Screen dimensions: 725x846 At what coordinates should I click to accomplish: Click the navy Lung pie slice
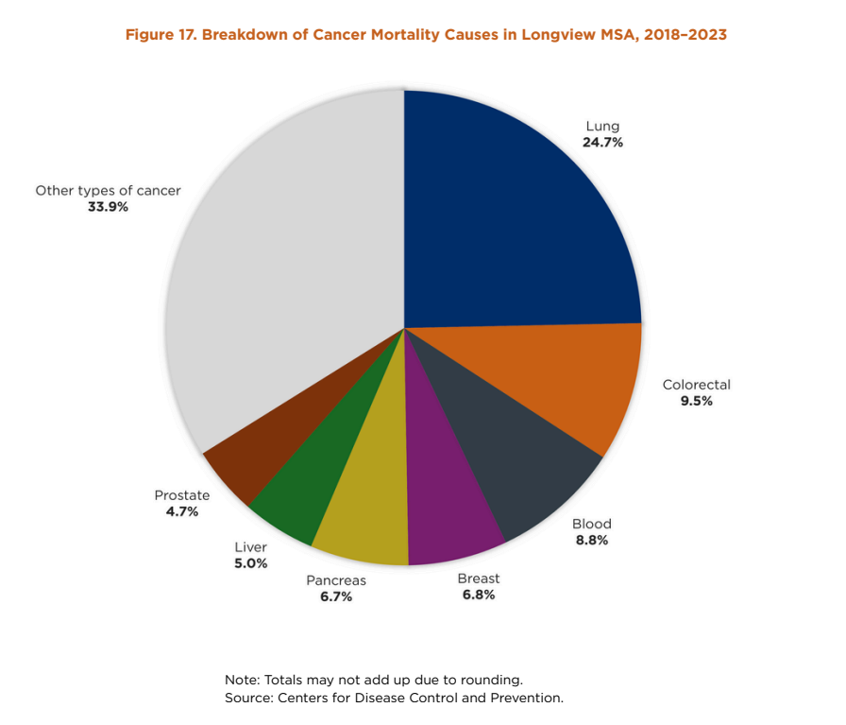510,217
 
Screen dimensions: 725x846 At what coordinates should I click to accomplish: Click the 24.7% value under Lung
602,143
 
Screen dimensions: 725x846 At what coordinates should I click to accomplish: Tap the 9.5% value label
695,401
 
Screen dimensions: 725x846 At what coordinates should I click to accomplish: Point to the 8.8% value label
591,541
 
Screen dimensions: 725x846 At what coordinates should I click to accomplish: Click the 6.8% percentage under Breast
478,595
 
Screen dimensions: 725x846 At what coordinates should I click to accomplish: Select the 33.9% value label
108,206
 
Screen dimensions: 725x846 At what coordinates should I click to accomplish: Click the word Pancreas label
335,580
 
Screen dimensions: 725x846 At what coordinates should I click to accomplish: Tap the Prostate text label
182,495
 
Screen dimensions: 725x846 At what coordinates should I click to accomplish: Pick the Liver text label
250,547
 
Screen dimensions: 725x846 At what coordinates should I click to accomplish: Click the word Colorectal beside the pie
697,385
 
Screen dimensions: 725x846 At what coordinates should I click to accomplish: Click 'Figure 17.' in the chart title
160,35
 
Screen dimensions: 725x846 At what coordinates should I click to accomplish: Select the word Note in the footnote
242,680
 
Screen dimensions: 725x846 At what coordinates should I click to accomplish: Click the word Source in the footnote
248,698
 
